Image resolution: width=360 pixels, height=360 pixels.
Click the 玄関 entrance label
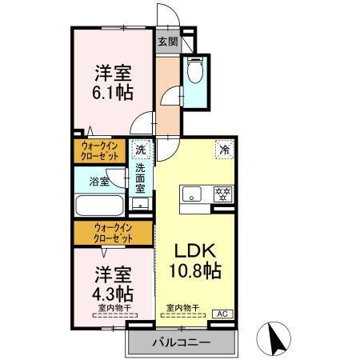coord(166,42)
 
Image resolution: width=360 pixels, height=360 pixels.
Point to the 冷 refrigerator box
coord(225,149)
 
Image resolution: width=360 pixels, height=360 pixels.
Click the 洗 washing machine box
coord(141,150)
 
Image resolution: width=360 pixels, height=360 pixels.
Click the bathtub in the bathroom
coord(99,205)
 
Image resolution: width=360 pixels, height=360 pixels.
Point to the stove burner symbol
coord(223,194)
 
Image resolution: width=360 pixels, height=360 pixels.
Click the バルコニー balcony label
coord(182,342)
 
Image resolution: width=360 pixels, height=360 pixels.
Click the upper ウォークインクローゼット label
coord(100,150)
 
